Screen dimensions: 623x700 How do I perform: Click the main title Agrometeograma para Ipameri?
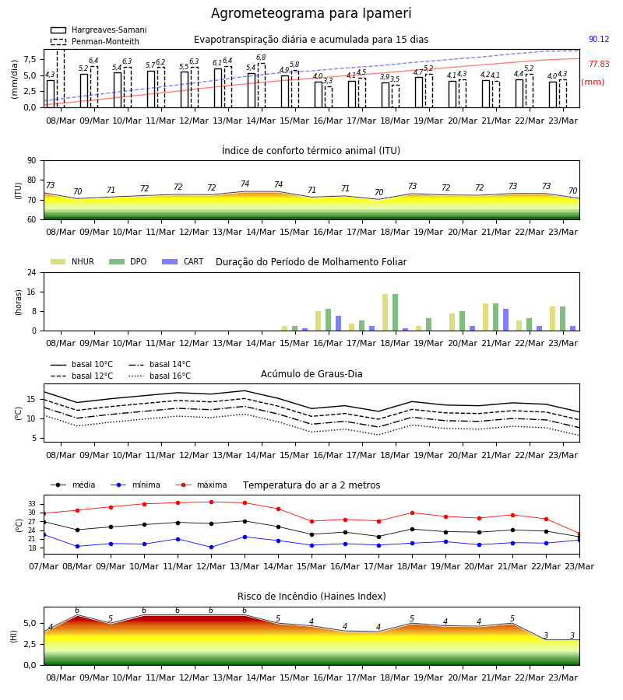[311, 13]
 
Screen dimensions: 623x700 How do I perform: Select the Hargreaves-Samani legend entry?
[99, 30]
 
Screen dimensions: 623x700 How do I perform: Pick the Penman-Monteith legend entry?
[95, 41]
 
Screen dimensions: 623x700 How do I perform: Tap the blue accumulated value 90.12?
[599, 40]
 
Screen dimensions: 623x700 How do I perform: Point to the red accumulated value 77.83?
[599, 64]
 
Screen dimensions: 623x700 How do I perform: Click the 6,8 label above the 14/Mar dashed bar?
[261, 58]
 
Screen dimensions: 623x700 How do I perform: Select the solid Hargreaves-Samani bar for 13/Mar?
[218, 88]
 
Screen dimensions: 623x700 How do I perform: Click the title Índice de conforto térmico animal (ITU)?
[311, 150]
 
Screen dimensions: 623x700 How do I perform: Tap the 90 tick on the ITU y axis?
[32, 161]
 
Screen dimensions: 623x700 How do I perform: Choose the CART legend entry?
[183, 261]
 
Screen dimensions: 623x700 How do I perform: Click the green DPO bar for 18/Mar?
[395, 313]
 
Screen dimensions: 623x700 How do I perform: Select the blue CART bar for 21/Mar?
[505, 320]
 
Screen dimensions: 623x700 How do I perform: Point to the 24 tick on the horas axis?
[32, 273]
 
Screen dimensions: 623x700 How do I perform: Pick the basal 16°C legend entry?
[160, 376]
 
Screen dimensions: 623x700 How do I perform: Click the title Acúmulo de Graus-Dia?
[311, 373]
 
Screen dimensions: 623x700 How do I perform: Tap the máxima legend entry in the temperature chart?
[202, 485]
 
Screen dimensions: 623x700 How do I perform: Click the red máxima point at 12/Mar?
[211, 502]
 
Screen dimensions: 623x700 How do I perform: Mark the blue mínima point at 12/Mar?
[211, 547]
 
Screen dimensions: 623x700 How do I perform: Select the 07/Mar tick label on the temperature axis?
[44, 566]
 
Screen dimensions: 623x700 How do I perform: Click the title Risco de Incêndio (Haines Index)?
[311, 596]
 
